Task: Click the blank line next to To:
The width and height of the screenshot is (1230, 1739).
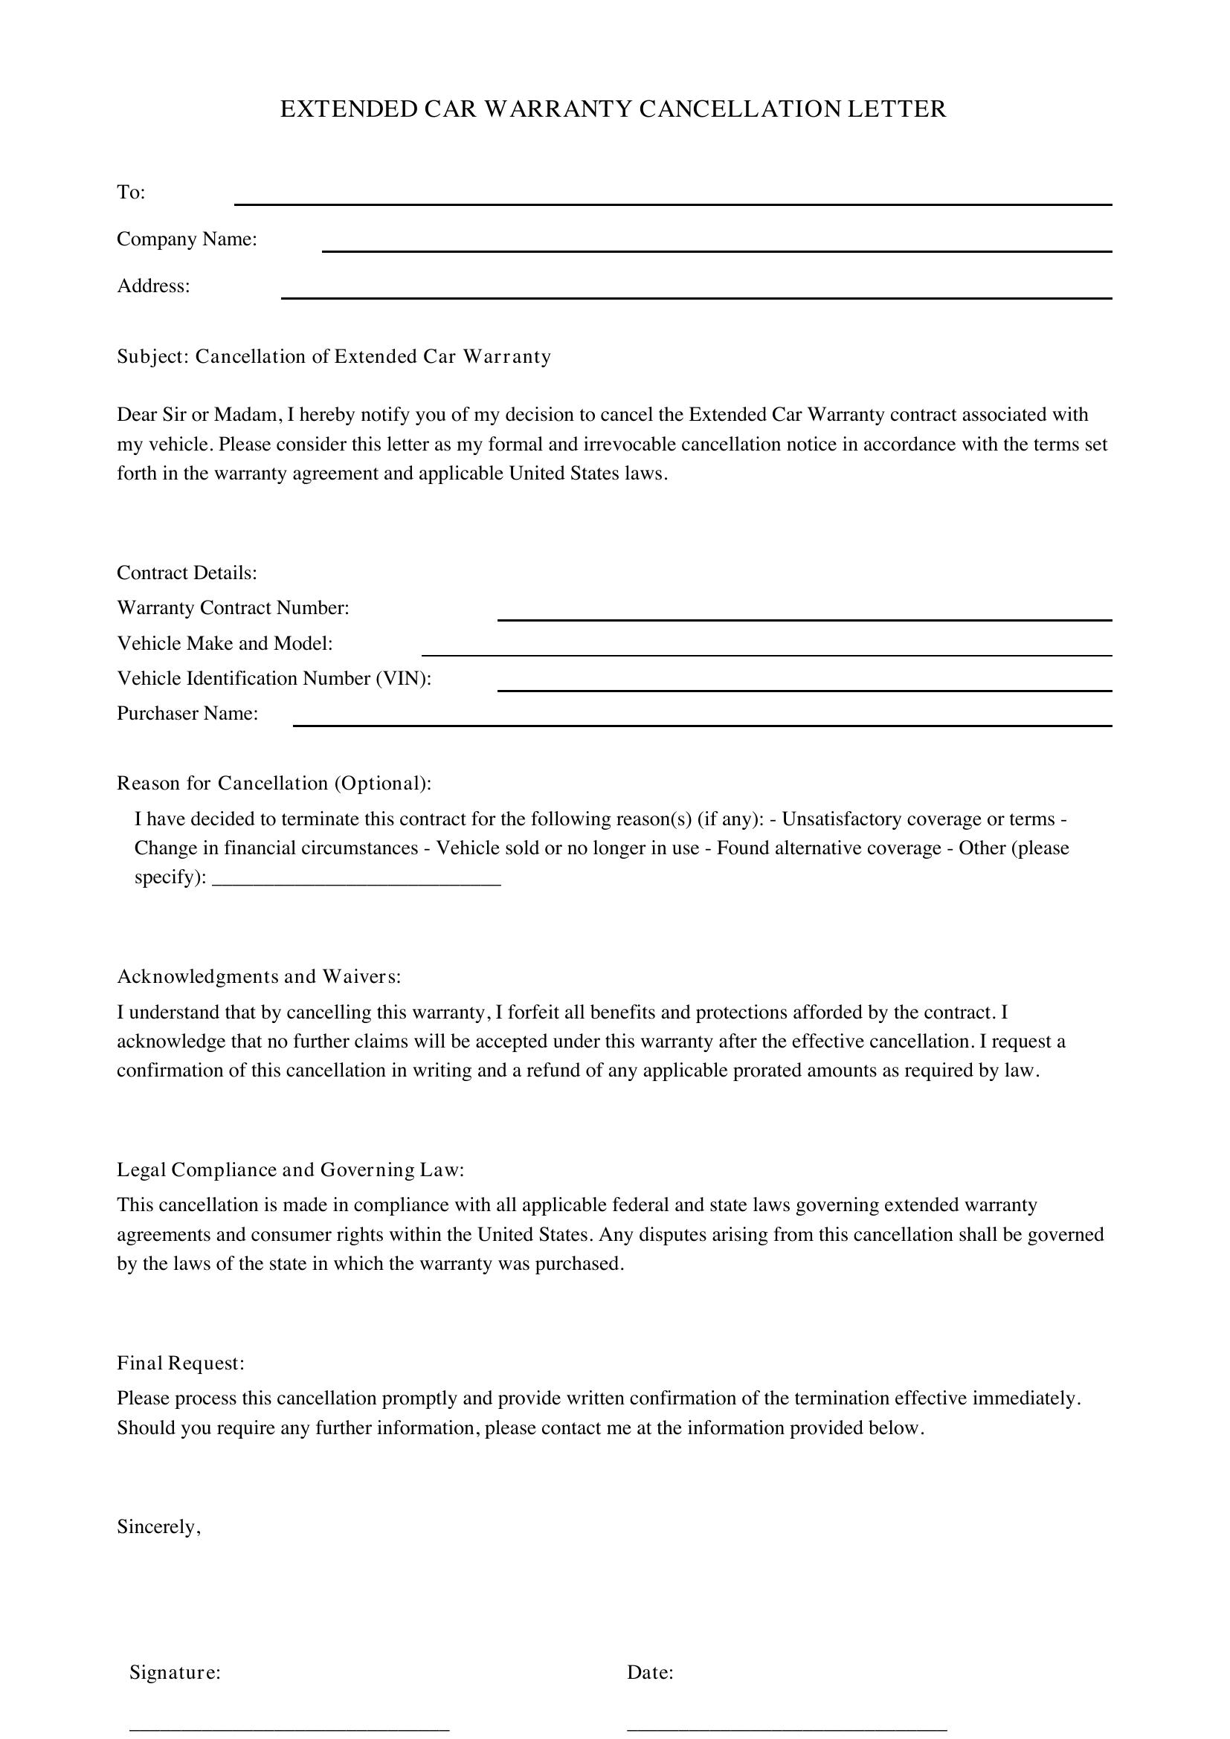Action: point(672,203)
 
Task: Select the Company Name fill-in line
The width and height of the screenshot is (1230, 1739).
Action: point(716,250)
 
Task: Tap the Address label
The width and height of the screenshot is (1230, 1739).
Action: point(153,286)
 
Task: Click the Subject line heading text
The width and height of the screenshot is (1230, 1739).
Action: point(333,357)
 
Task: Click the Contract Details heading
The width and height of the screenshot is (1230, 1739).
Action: point(187,572)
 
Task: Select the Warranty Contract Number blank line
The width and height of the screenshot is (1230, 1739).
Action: point(805,619)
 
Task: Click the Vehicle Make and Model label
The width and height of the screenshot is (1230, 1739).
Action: point(225,643)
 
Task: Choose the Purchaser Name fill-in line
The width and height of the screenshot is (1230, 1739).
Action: point(702,725)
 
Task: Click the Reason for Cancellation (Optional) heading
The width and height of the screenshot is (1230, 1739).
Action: point(274,783)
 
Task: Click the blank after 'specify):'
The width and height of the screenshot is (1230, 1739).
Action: point(357,883)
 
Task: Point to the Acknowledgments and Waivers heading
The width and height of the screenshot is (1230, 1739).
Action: point(258,977)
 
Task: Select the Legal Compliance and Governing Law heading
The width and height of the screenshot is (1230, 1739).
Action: point(290,1170)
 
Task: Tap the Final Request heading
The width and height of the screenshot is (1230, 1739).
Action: point(180,1364)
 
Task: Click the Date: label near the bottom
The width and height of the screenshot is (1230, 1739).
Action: point(650,1672)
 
